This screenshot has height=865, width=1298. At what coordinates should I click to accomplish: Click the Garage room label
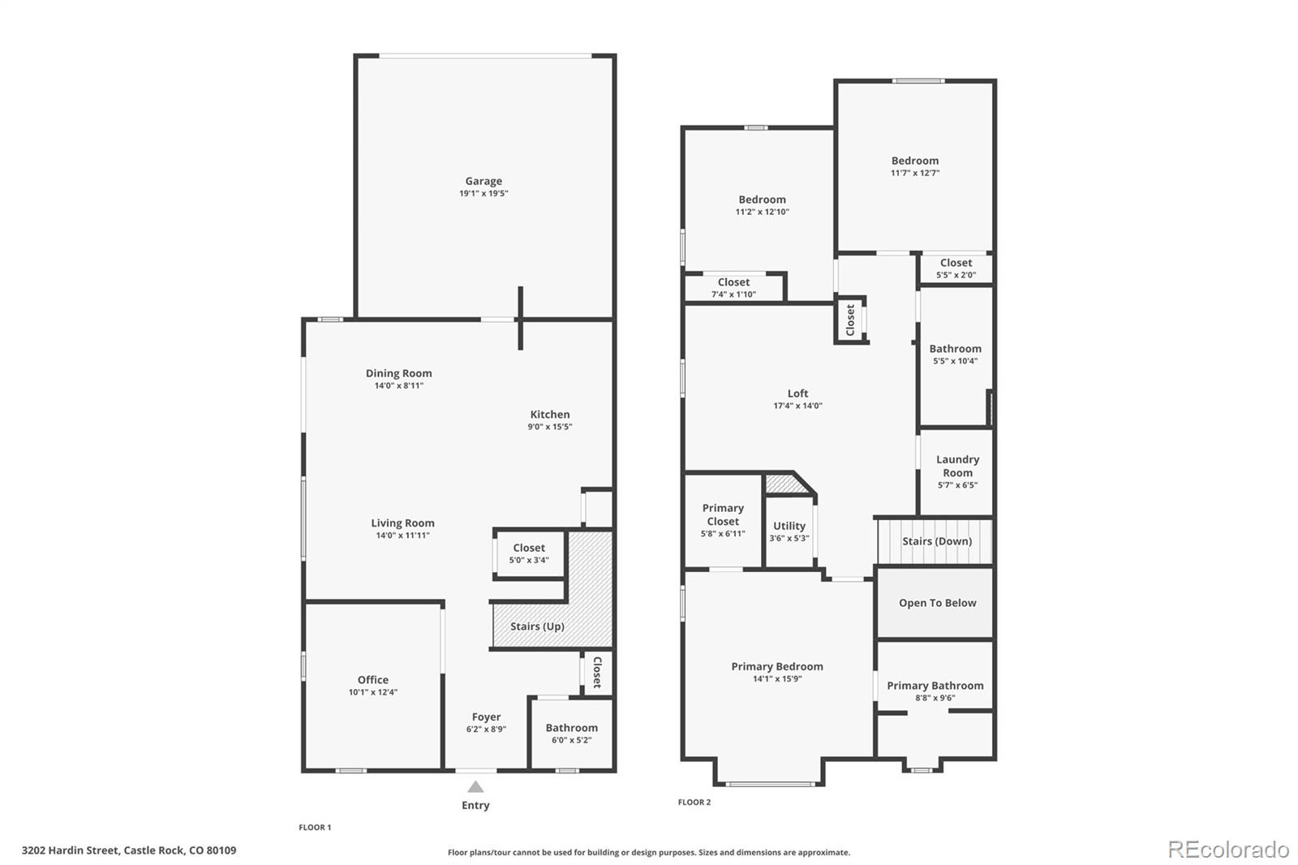pyautogui.click(x=484, y=181)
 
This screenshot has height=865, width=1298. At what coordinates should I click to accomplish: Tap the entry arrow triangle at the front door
pyautogui.click(x=475, y=787)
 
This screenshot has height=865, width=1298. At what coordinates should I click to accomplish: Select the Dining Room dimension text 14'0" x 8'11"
pyautogui.click(x=398, y=386)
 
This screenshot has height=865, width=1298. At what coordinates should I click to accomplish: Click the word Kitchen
pyautogui.click(x=550, y=414)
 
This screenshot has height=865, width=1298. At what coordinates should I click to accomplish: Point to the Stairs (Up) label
pyautogui.click(x=537, y=626)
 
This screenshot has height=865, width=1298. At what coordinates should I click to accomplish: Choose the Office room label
pyautogui.click(x=373, y=680)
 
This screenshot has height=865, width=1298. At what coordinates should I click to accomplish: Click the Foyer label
pyautogui.click(x=486, y=717)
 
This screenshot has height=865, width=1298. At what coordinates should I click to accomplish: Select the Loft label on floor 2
pyautogui.click(x=797, y=394)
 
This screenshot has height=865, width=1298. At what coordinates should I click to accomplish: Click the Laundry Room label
pyautogui.click(x=957, y=466)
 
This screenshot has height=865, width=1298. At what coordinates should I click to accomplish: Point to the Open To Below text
pyautogui.click(x=937, y=603)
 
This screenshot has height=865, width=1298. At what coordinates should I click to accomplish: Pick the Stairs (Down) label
pyautogui.click(x=936, y=541)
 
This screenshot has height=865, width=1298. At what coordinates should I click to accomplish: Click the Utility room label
pyautogui.click(x=789, y=526)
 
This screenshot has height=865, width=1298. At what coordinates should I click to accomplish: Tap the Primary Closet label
pyautogui.click(x=723, y=514)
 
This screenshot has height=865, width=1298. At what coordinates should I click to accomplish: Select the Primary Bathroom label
pyautogui.click(x=935, y=686)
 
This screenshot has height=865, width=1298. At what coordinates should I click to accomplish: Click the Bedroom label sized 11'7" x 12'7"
pyautogui.click(x=915, y=161)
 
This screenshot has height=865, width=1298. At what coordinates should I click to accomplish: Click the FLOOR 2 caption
pyautogui.click(x=694, y=803)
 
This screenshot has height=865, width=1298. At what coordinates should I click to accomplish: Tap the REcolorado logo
pyautogui.click(x=1228, y=850)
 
